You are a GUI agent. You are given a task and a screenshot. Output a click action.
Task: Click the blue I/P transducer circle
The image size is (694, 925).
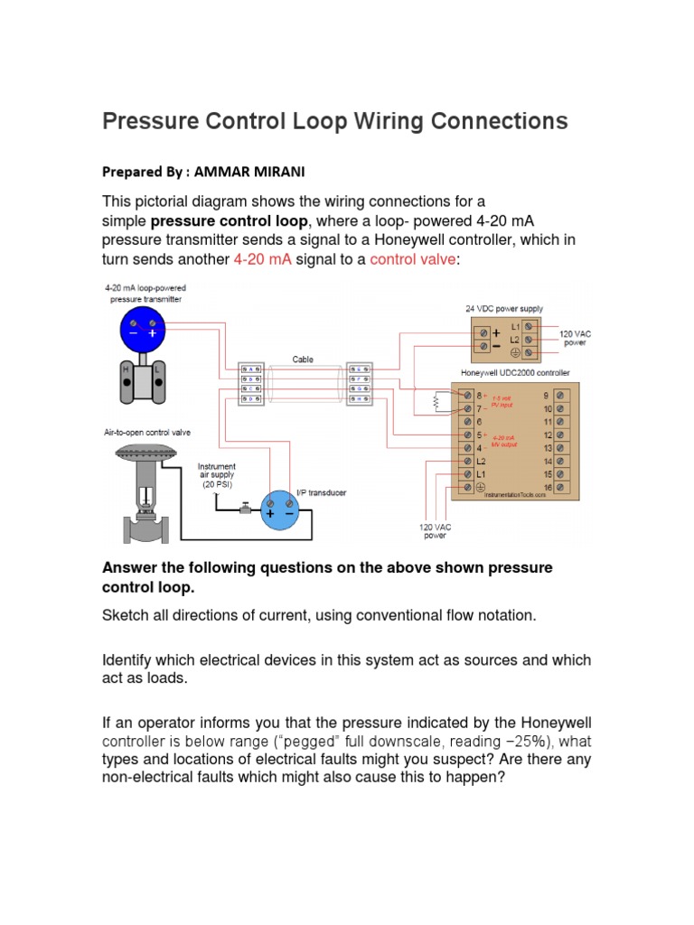(x=278, y=512)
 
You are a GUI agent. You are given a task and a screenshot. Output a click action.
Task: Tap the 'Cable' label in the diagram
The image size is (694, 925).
(x=302, y=359)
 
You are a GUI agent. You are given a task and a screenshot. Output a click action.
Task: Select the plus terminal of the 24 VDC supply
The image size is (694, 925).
(x=495, y=332)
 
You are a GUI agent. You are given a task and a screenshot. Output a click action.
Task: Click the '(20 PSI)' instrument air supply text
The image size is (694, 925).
(x=216, y=484)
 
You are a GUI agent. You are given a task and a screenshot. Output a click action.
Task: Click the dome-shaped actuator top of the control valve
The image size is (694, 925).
(x=147, y=456)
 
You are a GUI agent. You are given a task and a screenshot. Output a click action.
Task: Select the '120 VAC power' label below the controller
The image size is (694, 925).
(x=435, y=529)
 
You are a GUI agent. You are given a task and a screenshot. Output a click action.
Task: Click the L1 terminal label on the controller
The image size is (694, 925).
(x=481, y=473)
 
